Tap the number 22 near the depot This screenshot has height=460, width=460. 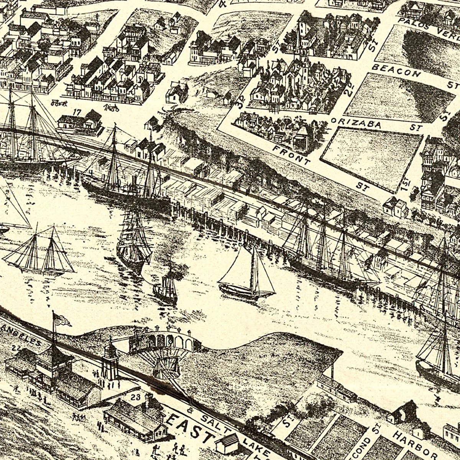coord(16,348)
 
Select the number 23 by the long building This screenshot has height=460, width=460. coord(135,397)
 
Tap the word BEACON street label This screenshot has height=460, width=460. coord(396,71)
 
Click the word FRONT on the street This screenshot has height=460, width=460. coord(292,154)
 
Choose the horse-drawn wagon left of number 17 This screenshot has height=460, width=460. coord(59,103)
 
